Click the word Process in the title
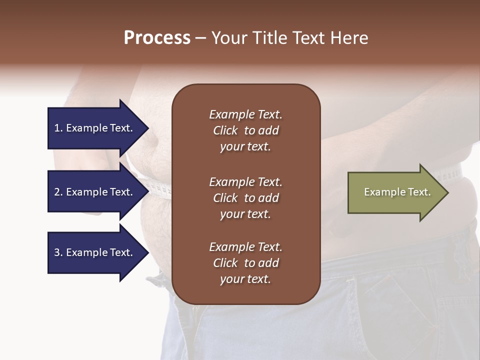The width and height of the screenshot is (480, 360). [x=157, y=38]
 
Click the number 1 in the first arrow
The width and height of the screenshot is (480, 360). [x=57, y=128]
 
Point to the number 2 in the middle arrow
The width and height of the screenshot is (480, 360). [x=57, y=192]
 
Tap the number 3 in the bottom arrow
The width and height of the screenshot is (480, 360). [x=57, y=252]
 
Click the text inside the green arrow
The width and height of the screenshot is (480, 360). [x=397, y=192]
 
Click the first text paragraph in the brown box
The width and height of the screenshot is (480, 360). [x=245, y=130]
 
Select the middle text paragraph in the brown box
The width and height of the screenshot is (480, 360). [x=245, y=197]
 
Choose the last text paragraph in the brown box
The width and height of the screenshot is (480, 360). [x=245, y=263]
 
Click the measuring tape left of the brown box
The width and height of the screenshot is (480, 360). [x=159, y=188]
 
